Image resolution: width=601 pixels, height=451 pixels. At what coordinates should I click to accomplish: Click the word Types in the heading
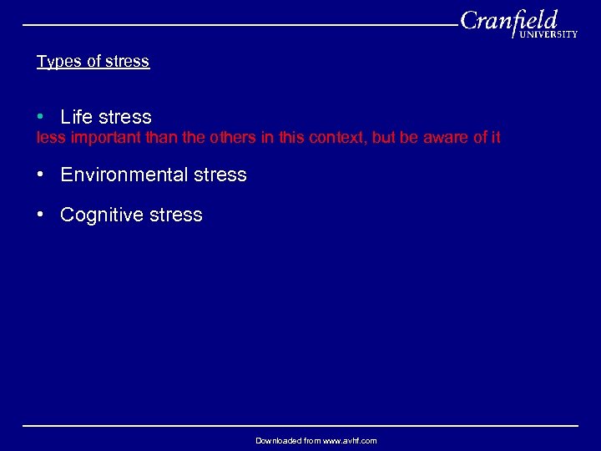click(x=56, y=62)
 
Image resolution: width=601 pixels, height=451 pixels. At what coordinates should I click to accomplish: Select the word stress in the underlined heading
click(x=129, y=62)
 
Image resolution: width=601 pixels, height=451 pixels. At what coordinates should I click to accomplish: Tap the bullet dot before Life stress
click(x=40, y=116)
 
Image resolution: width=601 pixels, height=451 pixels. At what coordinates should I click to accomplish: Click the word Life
click(x=77, y=117)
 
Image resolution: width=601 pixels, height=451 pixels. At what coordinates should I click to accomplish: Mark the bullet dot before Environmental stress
click(x=40, y=174)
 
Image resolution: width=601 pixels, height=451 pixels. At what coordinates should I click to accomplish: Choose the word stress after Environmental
click(x=220, y=175)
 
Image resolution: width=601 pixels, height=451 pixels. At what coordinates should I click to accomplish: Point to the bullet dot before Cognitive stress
click(x=40, y=214)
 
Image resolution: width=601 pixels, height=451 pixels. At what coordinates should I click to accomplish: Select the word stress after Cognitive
click(x=175, y=215)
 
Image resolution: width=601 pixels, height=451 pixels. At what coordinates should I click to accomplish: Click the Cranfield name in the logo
click(x=508, y=20)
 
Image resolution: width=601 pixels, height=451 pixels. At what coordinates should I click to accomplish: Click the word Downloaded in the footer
click(x=277, y=440)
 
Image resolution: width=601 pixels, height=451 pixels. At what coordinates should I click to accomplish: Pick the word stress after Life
click(x=124, y=117)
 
